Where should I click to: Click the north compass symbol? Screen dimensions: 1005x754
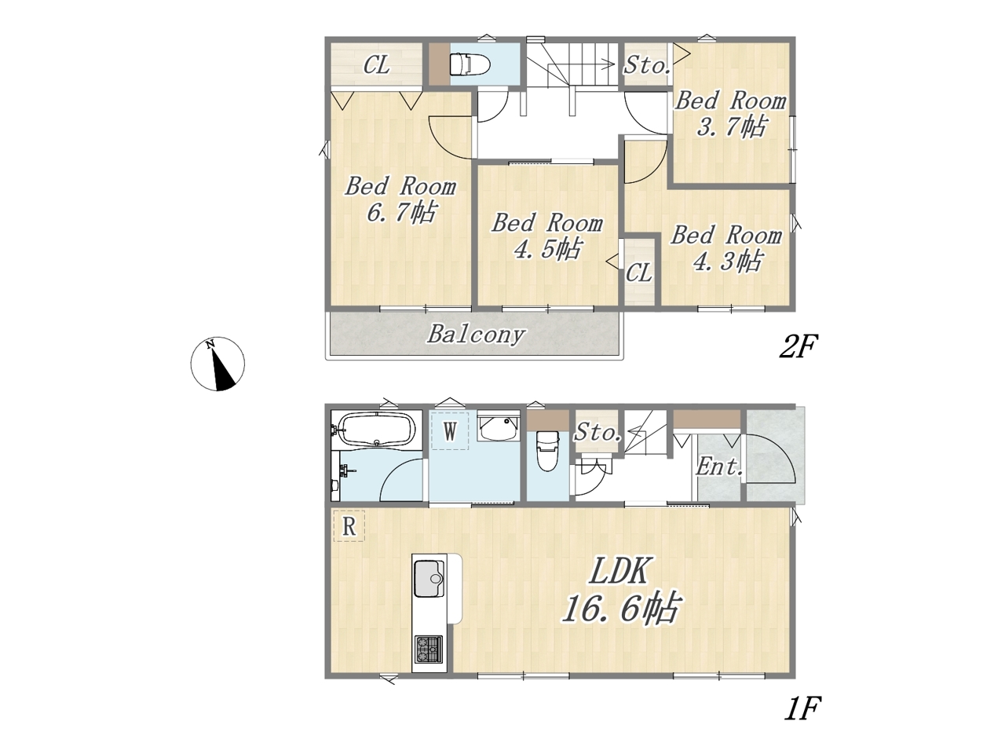[x=217, y=364]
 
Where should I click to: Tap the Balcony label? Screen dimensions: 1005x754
[x=476, y=335]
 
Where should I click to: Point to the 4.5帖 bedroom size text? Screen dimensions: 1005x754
[x=547, y=249]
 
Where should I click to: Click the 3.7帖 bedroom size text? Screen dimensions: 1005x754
[x=731, y=126]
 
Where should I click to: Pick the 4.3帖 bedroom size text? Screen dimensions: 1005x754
[x=727, y=262]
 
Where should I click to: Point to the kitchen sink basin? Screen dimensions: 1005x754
[x=429, y=579]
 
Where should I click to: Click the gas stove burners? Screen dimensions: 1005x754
[x=429, y=649]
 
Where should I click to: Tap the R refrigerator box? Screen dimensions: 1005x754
[x=349, y=526]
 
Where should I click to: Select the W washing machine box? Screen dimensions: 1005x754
[x=450, y=430]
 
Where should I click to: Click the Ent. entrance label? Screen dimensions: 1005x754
[x=719, y=467]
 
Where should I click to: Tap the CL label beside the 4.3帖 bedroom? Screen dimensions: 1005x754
[x=638, y=273]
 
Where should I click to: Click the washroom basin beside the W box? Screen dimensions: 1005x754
[x=499, y=426]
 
